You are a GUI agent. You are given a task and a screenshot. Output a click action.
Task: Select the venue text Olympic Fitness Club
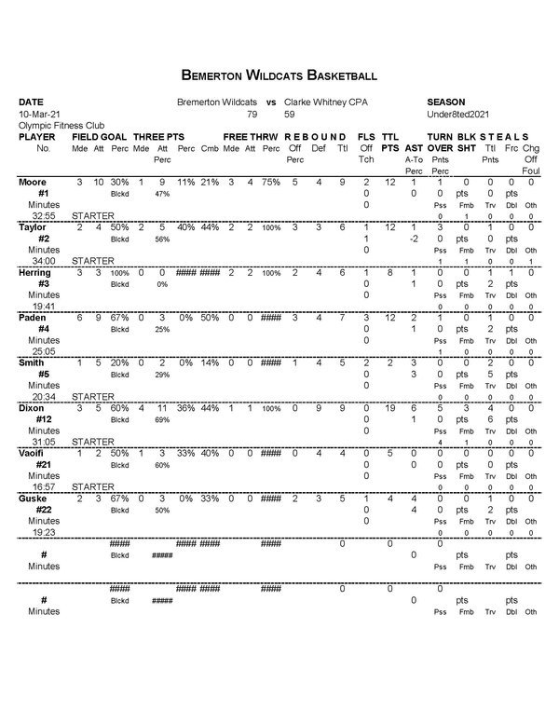tap(61, 125)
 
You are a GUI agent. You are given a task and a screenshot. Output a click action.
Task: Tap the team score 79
tap(252, 113)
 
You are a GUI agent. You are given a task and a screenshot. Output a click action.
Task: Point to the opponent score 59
tap(290, 113)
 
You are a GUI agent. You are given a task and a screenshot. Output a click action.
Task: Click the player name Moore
tap(34, 182)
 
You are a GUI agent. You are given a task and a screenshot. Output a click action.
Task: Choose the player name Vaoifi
tap(34, 453)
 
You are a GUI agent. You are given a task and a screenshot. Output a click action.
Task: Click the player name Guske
tap(34, 499)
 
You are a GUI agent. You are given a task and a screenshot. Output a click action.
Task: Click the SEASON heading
tap(445, 101)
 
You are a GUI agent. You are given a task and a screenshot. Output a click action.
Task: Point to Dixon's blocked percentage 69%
tap(162, 419)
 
